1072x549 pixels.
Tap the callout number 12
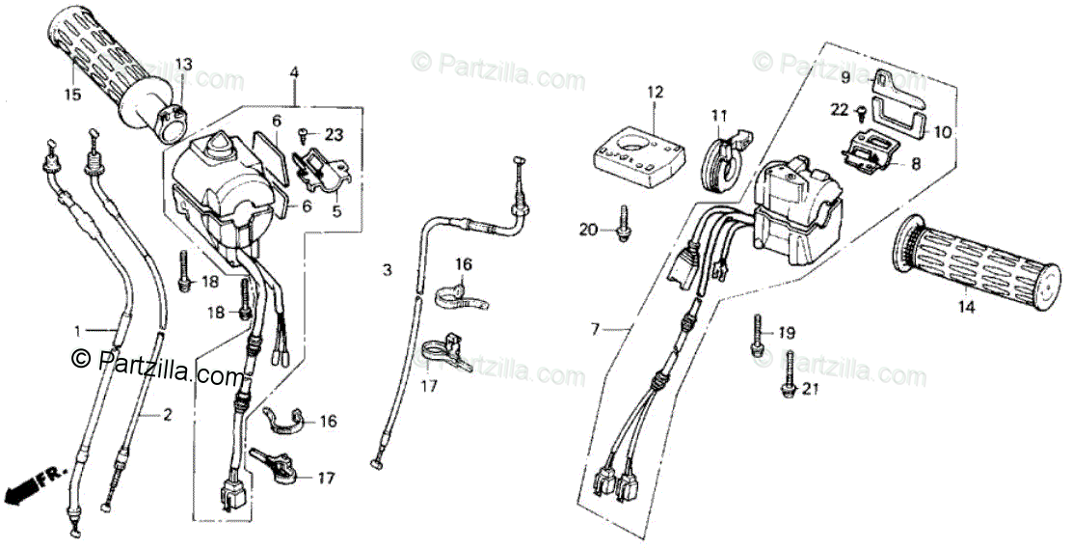point(656,93)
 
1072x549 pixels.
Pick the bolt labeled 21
point(790,375)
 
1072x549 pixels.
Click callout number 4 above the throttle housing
point(294,72)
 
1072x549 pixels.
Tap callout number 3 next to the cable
point(388,270)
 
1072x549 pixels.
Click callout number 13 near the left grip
point(183,65)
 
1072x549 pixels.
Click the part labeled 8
point(871,153)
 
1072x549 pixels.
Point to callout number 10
point(942,130)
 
